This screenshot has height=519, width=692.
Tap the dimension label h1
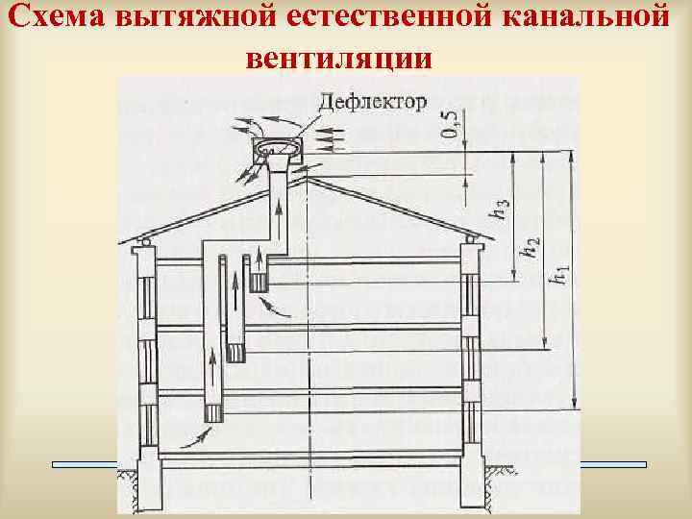(558, 279)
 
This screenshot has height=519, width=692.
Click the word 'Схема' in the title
(57, 18)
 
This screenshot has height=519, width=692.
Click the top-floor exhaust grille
(258, 283)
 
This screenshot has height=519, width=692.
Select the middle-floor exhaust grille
(235, 351)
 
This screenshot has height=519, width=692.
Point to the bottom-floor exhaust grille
(213, 412)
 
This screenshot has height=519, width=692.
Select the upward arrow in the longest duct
(212, 365)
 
